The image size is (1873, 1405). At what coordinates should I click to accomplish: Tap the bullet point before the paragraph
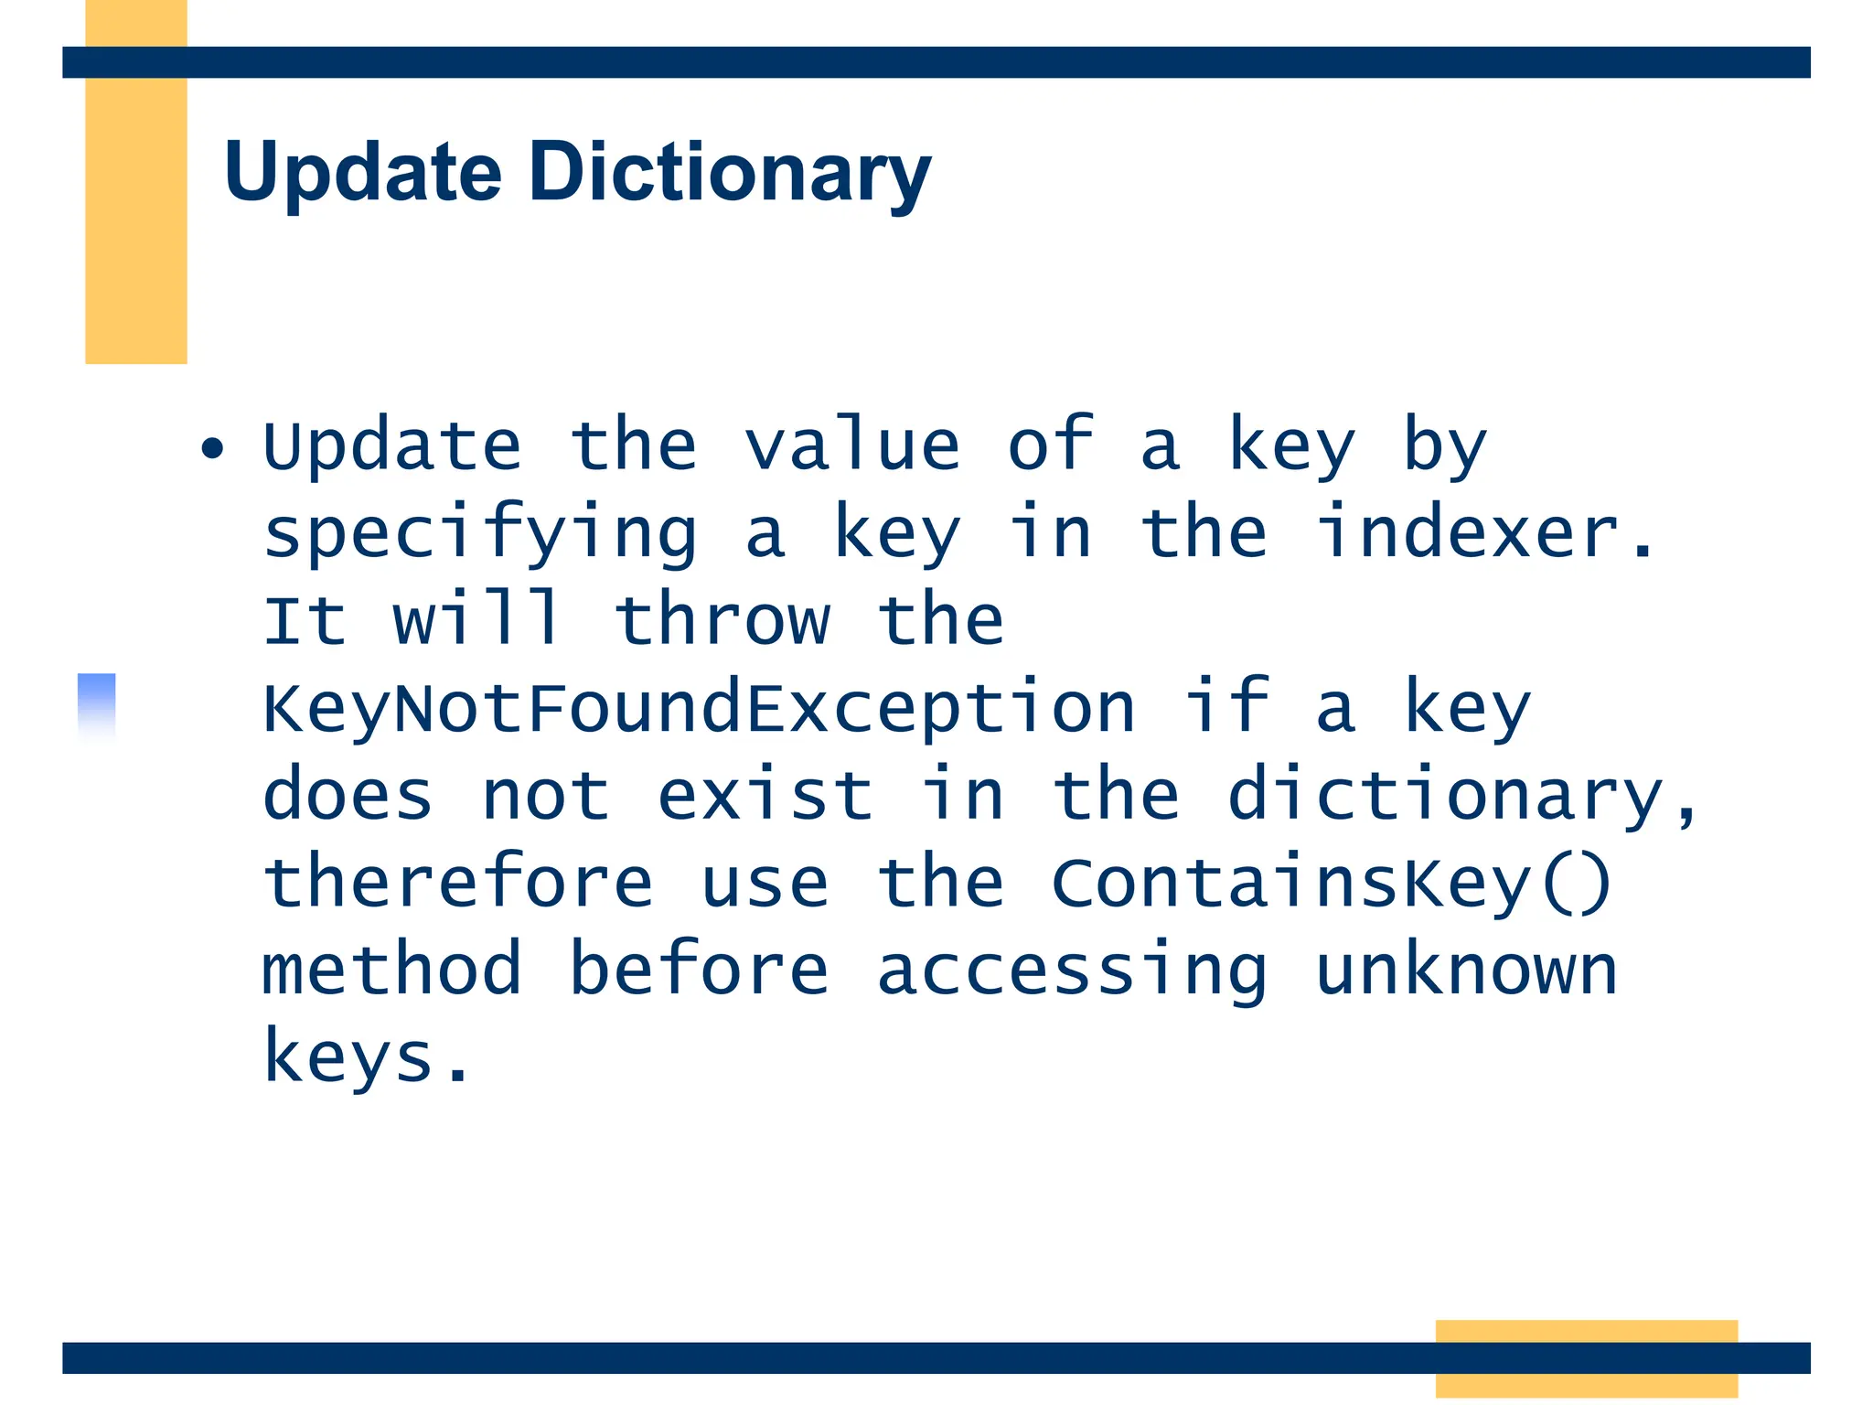[212, 448]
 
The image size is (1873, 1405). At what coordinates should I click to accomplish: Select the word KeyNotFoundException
[699, 708]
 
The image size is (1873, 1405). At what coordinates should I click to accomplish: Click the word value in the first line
[851, 445]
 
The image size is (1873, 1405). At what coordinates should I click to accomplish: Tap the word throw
[722, 620]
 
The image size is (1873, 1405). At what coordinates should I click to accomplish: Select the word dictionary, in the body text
[1461, 796]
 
